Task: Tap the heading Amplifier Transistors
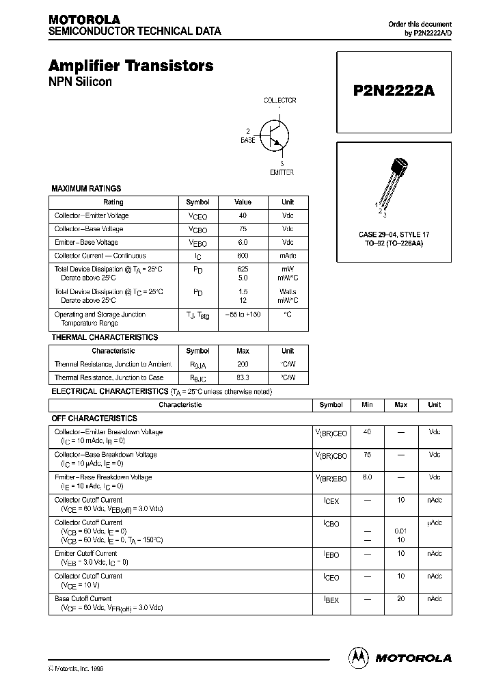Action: pos(131,66)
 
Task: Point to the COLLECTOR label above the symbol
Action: pos(280,101)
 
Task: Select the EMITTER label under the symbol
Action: pos(282,172)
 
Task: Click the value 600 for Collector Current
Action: pos(243,256)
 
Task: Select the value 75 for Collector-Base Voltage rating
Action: pos(243,229)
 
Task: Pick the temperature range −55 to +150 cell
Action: pos(243,315)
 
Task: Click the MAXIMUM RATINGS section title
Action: pos(87,188)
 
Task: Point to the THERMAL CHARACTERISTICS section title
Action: pos(105,337)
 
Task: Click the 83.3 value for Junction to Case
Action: pos(243,377)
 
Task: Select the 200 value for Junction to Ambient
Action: pos(243,364)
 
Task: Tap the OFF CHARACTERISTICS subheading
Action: pos(95,418)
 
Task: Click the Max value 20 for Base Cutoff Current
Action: pos(400,598)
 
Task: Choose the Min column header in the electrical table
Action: pos(367,405)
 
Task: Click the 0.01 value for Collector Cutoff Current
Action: pos(400,531)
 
